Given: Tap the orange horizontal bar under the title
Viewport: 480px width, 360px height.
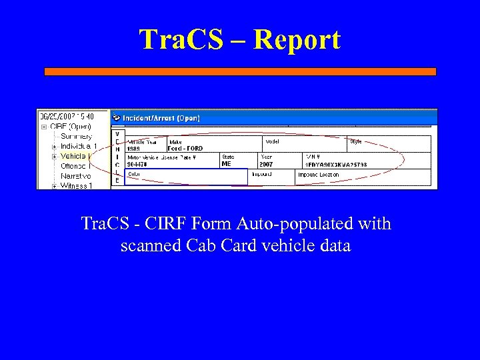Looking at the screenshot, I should tap(240, 71).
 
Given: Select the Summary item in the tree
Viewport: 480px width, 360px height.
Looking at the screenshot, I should tap(76, 136).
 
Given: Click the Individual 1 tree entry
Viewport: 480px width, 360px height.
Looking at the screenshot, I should tap(79, 146).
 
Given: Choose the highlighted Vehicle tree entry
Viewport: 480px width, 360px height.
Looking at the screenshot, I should tap(75, 156).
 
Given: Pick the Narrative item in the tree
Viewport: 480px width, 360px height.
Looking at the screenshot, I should tap(75, 176).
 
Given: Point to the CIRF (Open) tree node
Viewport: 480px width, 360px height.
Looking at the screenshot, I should tap(70, 126).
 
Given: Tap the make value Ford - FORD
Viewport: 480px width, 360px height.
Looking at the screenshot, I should tap(185, 149).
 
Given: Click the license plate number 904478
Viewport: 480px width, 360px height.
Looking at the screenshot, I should tap(138, 164).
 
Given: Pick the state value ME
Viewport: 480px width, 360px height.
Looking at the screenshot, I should tap(227, 164).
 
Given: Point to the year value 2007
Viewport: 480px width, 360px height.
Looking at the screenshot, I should tap(266, 164).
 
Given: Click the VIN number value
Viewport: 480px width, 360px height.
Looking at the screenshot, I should tap(336, 164).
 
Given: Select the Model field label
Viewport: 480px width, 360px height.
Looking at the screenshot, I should tap(273, 141).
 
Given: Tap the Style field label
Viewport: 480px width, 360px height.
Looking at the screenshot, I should tap(355, 141).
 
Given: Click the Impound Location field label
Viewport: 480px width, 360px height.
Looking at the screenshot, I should tap(319, 175).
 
